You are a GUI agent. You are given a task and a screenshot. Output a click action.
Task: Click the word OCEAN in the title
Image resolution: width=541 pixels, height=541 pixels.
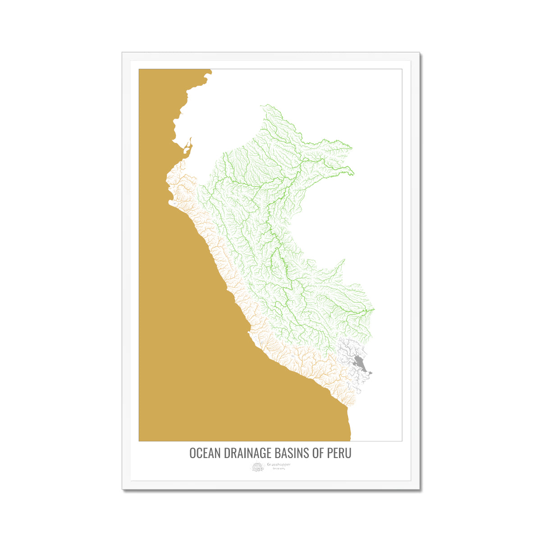click(204, 453)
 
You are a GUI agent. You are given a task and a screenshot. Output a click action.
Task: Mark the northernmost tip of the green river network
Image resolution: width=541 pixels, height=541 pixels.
click(261, 105)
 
